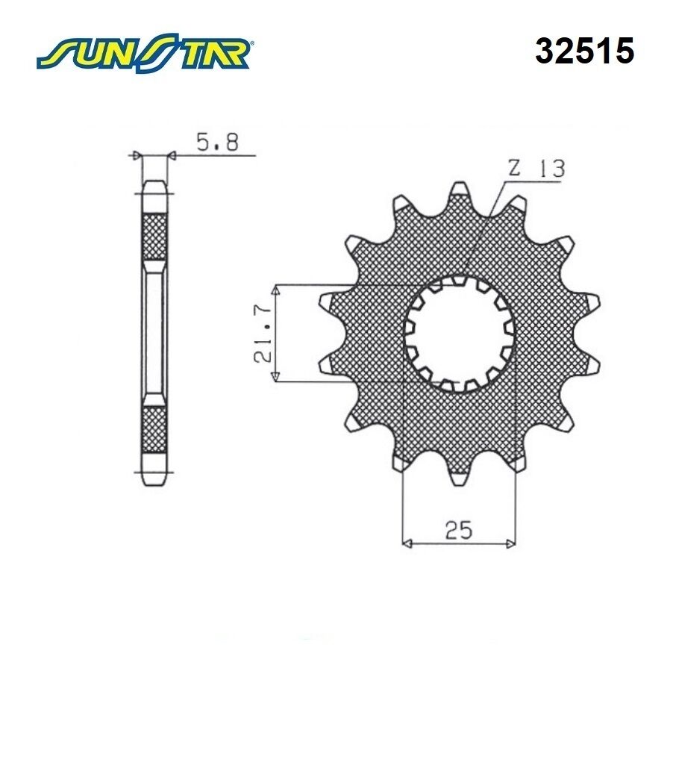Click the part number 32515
(585, 51)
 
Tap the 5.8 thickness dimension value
(218, 142)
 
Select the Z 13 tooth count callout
(536, 169)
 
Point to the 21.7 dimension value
(263, 333)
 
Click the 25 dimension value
(459, 530)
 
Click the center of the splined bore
(459, 334)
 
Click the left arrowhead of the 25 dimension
(407, 543)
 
